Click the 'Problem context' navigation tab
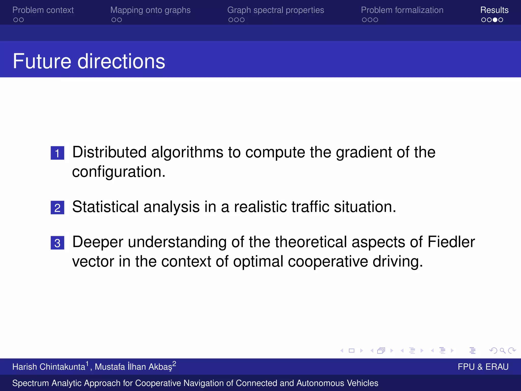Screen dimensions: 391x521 (43, 10)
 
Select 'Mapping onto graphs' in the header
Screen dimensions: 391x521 (150, 10)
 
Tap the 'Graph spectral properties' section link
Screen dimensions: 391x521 (276, 10)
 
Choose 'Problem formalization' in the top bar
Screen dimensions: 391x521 (402, 10)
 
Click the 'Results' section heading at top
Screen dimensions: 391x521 (494, 10)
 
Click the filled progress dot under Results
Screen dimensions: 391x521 (495, 20)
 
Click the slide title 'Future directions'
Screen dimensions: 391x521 (89, 61)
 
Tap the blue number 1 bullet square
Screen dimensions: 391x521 (57, 153)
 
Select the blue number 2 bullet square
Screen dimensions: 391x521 (57, 208)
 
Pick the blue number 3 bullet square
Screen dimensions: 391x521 (57, 243)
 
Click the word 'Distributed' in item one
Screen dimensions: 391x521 (109, 152)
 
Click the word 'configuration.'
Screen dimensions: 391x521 (119, 172)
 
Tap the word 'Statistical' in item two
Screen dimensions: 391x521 (105, 207)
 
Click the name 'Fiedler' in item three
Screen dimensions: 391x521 (451, 242)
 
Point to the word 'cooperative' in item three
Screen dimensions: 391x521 (328, 262)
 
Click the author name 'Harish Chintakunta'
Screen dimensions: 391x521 (49, 367)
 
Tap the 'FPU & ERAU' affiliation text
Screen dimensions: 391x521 (483, 367)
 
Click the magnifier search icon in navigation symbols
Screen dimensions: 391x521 (502, 351)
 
